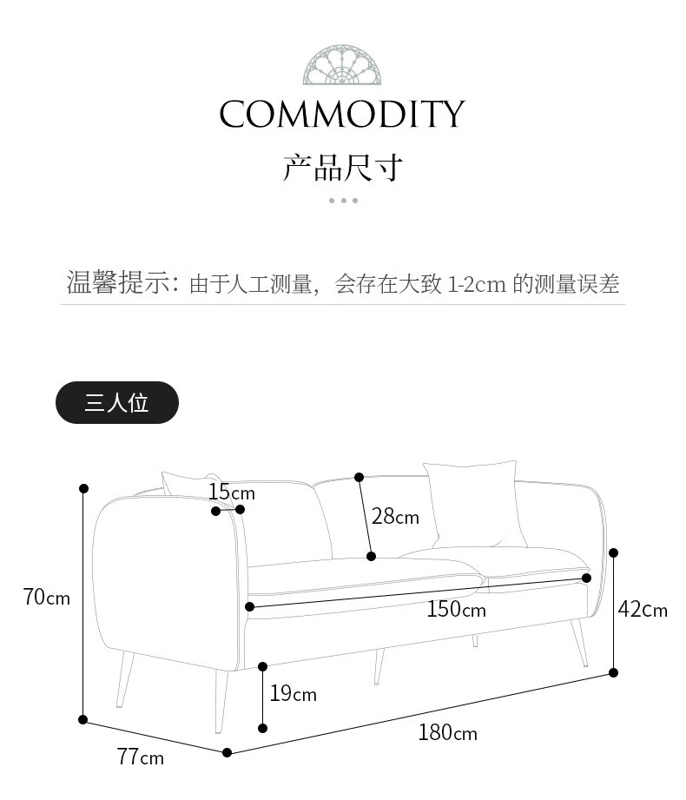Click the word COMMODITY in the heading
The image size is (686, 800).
click(342, 114)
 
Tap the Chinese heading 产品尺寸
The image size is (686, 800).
click(343, 167)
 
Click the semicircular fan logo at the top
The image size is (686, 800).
click(342, 65)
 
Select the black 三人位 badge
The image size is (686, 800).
click(117, 403)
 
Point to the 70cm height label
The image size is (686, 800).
click(47, 598)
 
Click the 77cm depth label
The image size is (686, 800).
click(140, 757)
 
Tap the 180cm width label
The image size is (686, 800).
click(447, 733)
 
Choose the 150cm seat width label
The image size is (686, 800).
click(456, 610)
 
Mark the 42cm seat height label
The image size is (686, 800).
click(643, 610)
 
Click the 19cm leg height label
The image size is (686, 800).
click(293, 694)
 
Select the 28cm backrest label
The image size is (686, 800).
click(395, 518)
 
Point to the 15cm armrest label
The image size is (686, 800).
click(231, 493)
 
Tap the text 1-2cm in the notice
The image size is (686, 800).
click(476, 284)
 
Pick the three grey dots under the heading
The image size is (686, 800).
click(343, 201)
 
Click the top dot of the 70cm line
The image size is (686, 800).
click(84, 488)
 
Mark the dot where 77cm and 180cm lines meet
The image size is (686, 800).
click(228, 752)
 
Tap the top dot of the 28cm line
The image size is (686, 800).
click(359, 477)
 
